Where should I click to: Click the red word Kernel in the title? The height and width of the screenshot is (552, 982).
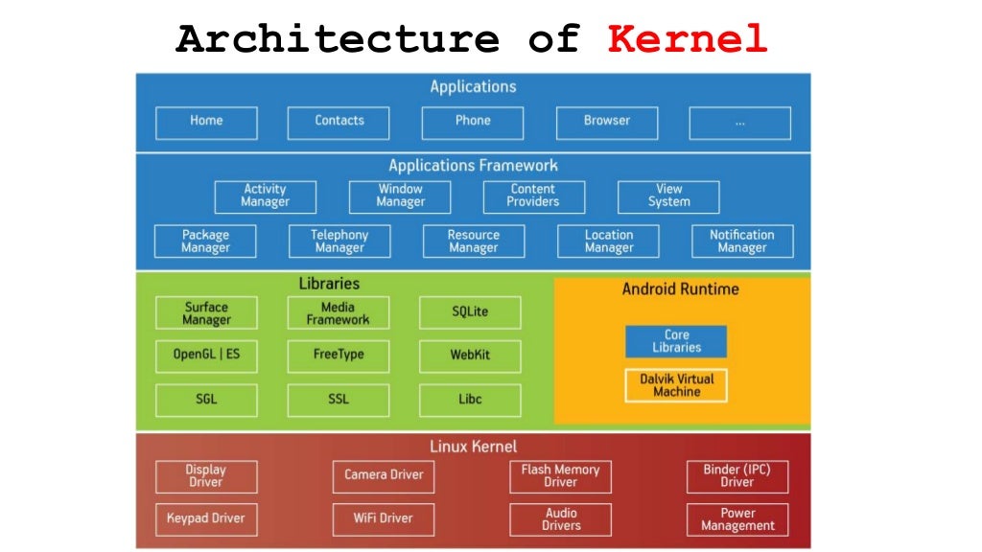688,39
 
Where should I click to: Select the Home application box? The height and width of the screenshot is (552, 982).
206,122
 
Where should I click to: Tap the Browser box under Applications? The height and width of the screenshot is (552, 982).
607,122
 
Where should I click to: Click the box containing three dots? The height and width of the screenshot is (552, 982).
739,123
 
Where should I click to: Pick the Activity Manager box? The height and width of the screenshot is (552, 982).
265,196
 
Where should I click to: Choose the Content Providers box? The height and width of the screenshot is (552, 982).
533,196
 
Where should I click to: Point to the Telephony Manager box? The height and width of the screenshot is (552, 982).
339,241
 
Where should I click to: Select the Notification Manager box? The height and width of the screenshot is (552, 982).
742,241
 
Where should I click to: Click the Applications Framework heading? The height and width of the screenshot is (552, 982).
473,166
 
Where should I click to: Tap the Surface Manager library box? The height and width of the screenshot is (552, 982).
206,313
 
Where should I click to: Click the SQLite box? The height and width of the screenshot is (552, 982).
470,312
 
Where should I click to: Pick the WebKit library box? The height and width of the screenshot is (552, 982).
470,356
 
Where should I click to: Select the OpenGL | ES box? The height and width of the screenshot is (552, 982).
206,356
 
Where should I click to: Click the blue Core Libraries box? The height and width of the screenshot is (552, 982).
676,341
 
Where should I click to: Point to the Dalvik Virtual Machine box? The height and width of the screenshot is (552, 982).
676,385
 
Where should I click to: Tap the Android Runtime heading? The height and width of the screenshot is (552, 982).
681,288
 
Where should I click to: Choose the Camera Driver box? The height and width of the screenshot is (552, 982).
384,475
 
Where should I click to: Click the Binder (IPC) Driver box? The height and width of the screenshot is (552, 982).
737,476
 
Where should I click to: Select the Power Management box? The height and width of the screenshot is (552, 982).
737,519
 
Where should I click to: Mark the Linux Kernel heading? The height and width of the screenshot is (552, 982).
473,447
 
